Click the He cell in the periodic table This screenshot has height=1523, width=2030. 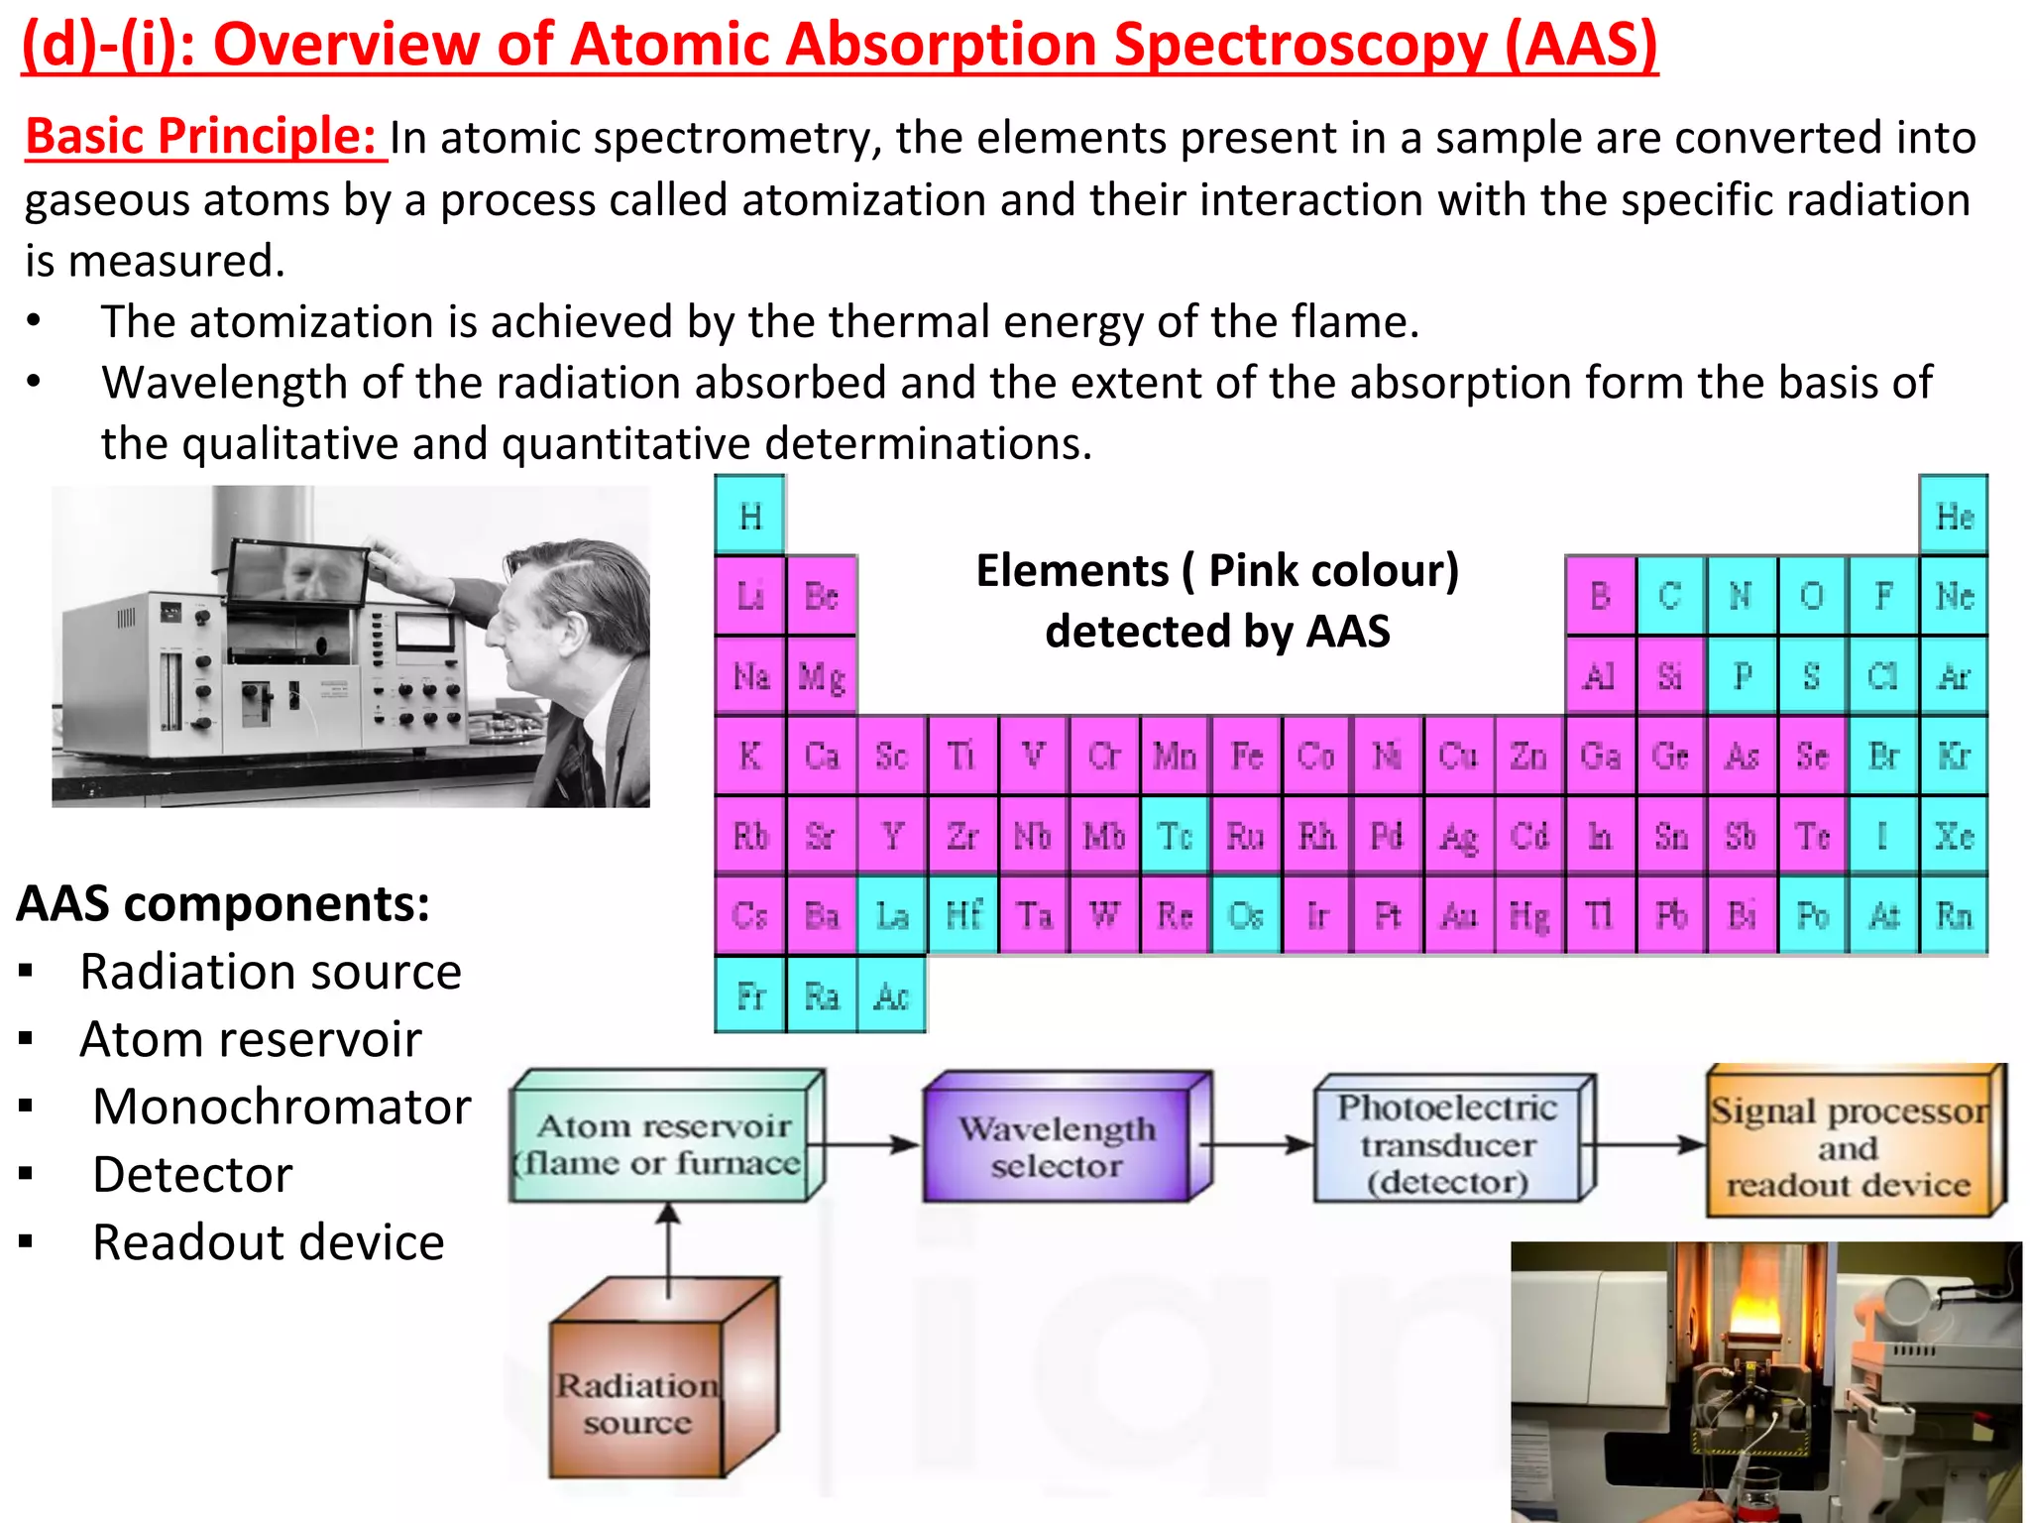[x=1954, y=516]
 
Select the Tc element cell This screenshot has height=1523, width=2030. [x=1175, y=836]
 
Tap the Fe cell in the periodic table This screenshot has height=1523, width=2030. [x=1246, y=756]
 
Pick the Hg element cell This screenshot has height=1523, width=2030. [x=1528, y=915]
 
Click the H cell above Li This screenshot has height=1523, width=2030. [x=750, y=516]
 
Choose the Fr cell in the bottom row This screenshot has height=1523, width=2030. [x=750, y=996]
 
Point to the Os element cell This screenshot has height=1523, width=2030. [x=1246, y=915]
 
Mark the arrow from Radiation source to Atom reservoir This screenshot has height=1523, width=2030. [x=669, y=1249]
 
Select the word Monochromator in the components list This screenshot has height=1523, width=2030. [x=282, y=1107]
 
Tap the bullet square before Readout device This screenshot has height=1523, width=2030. [x=27, y=1241]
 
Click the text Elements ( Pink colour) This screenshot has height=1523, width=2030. [x=1217, y=571]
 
